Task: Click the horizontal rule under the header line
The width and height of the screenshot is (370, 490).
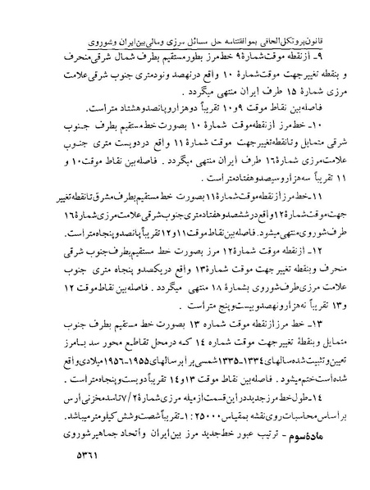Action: point(185,27)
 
